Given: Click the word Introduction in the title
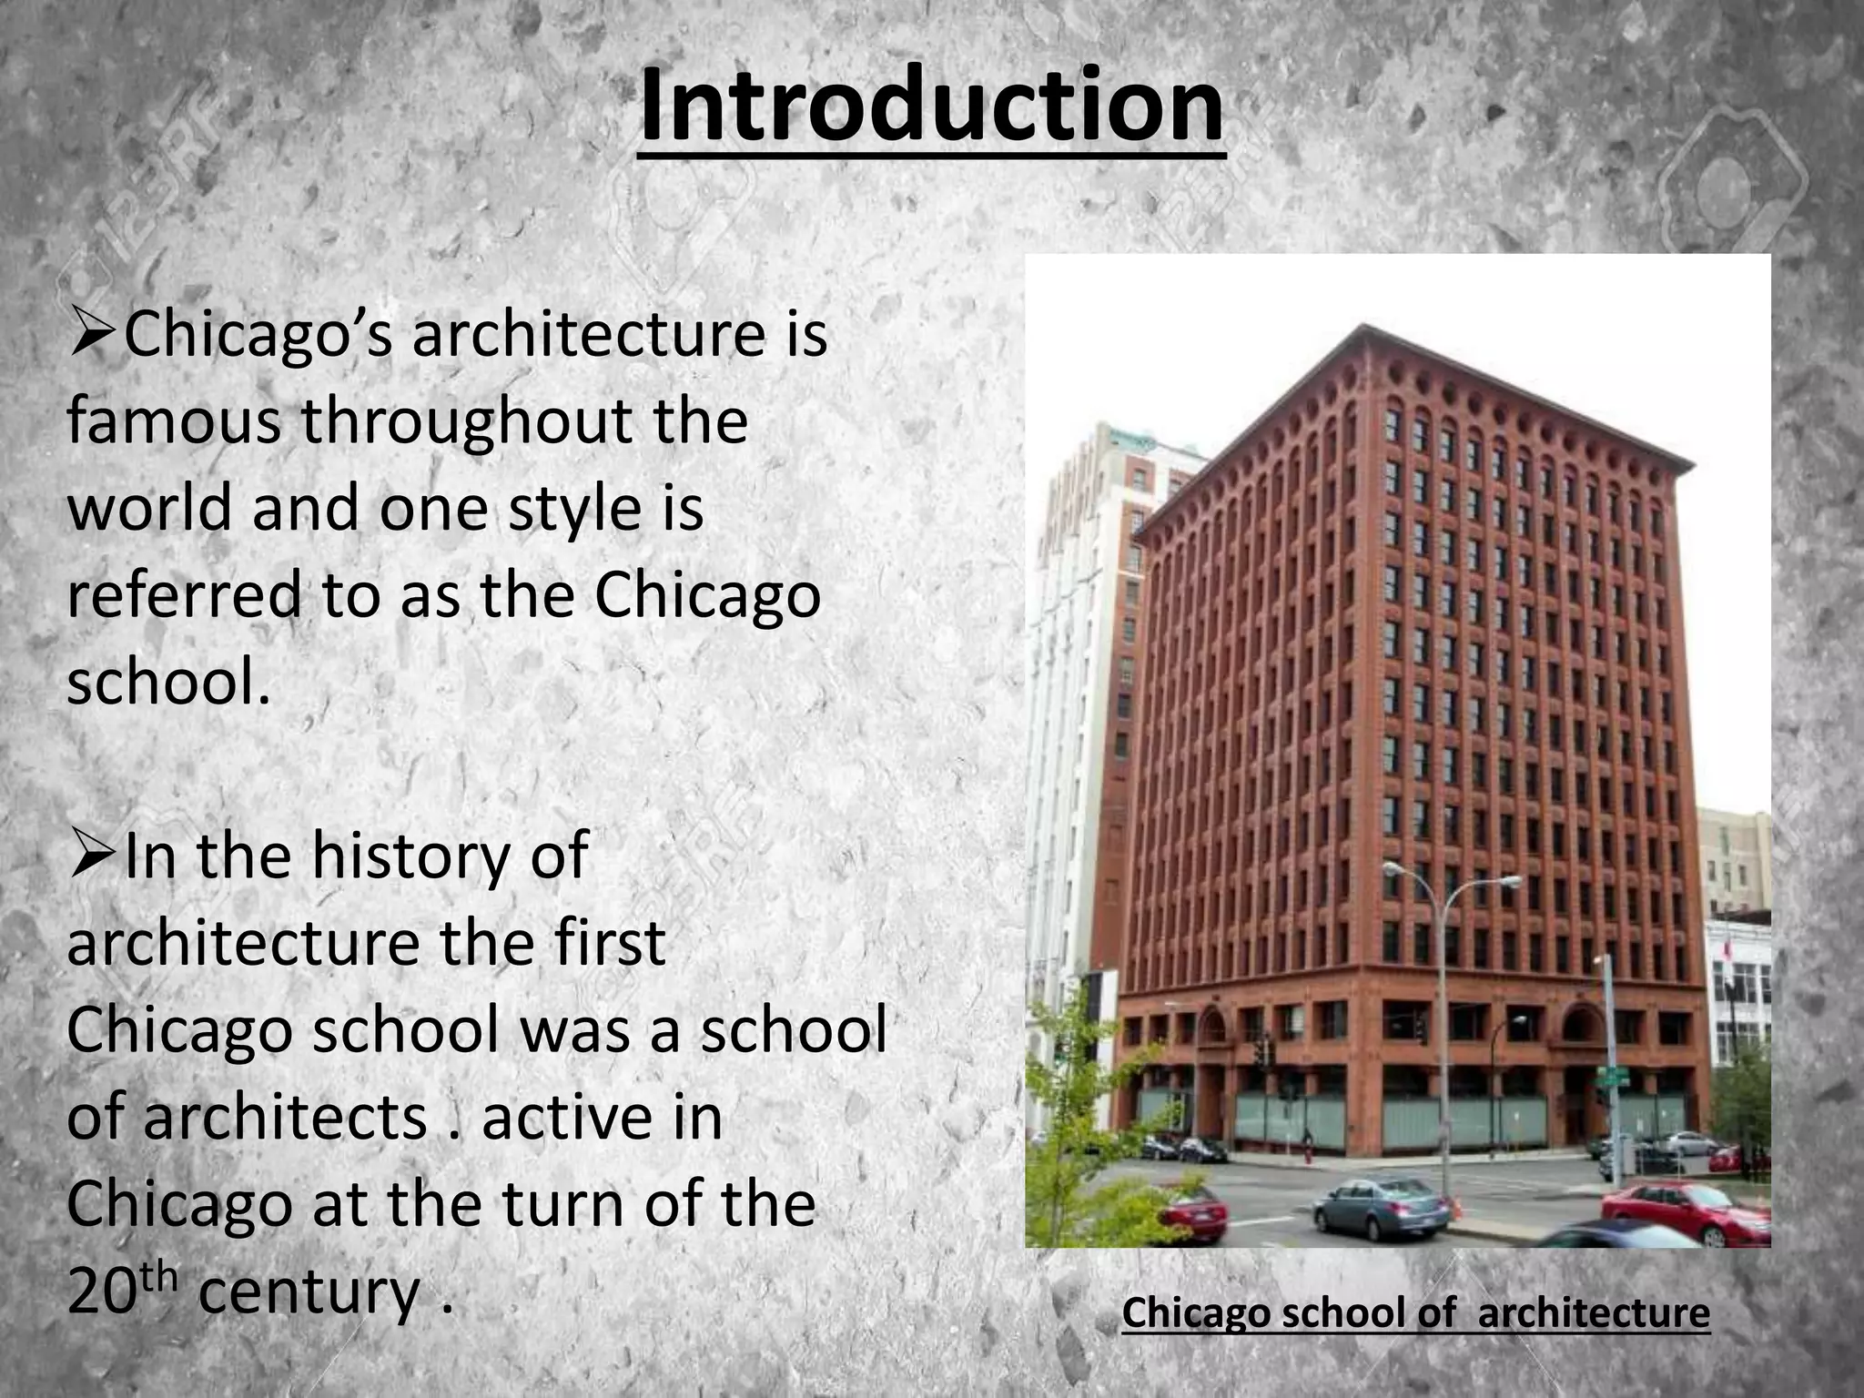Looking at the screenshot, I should [931, 107].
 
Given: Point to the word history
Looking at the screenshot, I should [410, 856].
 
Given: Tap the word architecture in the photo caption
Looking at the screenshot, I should [1594, 1312].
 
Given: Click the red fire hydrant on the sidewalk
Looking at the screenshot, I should [1309, 1154].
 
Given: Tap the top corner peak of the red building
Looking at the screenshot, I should [1362, 325].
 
